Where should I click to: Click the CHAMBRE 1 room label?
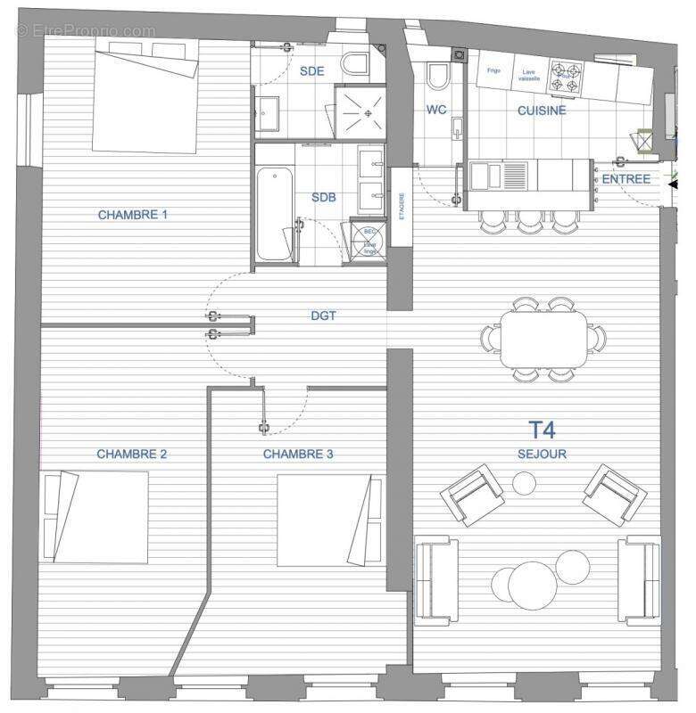tap(132, 215)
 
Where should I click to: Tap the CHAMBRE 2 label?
tap(132, 454)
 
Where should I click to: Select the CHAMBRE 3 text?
tap(298, 454)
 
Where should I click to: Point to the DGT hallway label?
tap(323, 316)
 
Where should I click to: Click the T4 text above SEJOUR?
tap(543, 430)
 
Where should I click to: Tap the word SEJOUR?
tap(543, 454)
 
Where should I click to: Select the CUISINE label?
tap(542, 111)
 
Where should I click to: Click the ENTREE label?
tap(626, 179)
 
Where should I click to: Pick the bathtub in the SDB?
tap(274, 214)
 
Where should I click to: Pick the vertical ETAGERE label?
tap(402, 206)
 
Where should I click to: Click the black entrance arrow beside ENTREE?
tap(672, 181)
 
